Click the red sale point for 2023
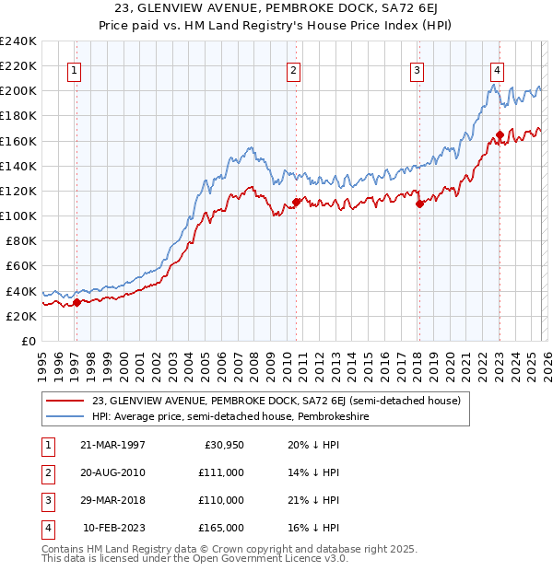coord(500,134)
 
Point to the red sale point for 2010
coord(296,202)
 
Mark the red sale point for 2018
coord(419,204)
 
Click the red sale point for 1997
coord(76,302)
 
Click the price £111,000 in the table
coord(221,472)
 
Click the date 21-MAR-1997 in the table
coord(112,444)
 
